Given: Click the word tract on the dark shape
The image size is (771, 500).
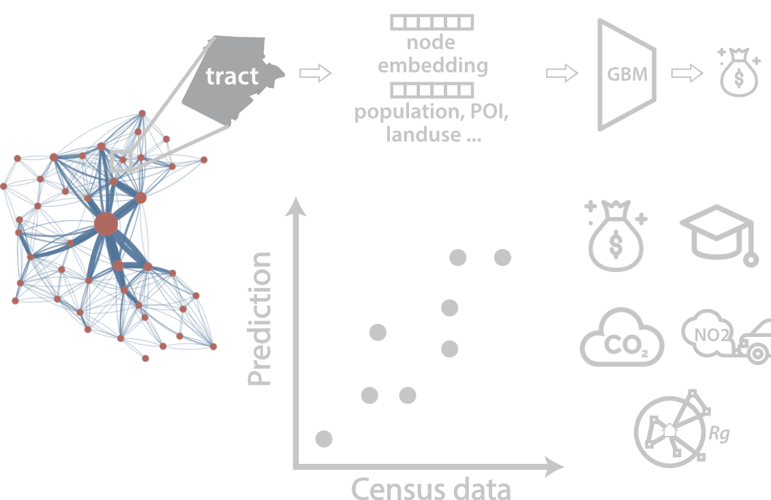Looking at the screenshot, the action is pos(232,76).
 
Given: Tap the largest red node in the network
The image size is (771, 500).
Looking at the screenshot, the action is pos(106,224).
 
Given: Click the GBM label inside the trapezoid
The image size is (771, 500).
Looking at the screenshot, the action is pos(627,74).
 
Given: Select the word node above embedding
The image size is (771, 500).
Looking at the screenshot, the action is pos(431,42).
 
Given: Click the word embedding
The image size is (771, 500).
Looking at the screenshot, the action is pos(433,65).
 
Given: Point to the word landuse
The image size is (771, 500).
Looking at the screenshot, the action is pos(423,134).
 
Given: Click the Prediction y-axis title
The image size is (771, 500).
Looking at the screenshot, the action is pos(260,319).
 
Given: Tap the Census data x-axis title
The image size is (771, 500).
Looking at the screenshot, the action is pos(432,488).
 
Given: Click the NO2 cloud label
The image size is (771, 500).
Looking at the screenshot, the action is pos(711,335).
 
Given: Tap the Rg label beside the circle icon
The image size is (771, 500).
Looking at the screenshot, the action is pos(719,434).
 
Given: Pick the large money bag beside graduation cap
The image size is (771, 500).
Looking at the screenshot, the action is pos(616,235).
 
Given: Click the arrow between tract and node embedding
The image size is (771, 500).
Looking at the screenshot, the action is pos(316,73).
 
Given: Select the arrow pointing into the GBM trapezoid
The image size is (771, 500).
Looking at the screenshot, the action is pos(562,73).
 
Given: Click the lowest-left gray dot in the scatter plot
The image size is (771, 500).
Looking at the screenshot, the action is pos(324,439).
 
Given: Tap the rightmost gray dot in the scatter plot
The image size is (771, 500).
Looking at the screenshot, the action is pos(502,257).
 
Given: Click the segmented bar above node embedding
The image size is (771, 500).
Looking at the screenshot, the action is pos(432,23).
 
